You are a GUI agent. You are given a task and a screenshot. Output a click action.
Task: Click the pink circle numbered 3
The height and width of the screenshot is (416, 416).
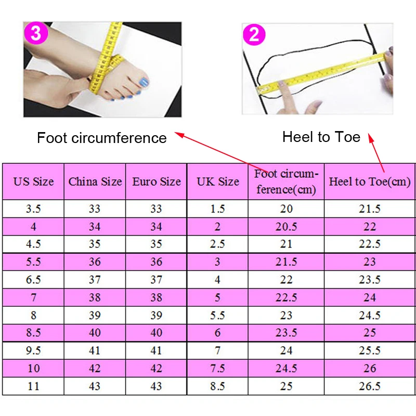(x=36, y=33)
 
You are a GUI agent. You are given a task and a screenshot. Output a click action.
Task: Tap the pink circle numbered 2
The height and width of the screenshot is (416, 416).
(x=254, y=34)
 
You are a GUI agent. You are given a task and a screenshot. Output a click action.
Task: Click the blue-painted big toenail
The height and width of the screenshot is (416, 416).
(x=144, y=82)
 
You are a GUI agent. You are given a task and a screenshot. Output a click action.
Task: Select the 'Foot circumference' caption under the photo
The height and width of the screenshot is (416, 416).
(x=101, y=138)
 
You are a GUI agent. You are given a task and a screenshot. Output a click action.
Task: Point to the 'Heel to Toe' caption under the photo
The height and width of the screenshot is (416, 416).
(x=321, y=137)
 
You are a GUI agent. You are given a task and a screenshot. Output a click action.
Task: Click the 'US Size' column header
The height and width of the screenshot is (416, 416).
(x=33, y=181)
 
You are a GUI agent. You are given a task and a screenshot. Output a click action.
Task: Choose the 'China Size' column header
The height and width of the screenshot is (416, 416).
(x=95, y=181)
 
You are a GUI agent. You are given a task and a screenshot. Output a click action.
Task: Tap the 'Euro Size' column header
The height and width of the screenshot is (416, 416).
(x=157, y=181)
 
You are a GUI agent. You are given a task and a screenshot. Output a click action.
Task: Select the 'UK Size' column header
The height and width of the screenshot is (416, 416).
(x=218, y=181)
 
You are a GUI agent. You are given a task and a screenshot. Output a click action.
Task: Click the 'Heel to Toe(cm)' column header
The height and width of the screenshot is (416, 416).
(x=370, y=182)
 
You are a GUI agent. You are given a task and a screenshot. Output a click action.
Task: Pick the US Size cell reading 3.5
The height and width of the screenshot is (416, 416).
(x=33, y=209)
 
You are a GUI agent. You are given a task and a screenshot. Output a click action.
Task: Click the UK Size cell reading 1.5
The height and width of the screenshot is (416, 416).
(x=217, y=209)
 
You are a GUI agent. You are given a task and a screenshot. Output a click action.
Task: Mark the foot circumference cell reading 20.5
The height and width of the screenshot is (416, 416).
(x=286, y=227)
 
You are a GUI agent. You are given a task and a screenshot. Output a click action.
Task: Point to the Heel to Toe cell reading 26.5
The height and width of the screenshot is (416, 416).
(x=370, y=386)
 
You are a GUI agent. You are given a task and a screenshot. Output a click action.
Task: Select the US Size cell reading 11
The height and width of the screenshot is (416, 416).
(x=33, y=386)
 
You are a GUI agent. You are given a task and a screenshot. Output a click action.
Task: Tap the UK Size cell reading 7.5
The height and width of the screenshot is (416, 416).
(x=217, y=368)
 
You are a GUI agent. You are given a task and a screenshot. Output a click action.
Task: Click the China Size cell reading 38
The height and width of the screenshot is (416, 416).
(x=95, y=297)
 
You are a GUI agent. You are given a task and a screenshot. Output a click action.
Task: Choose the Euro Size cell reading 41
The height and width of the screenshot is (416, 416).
(x=157, y=350)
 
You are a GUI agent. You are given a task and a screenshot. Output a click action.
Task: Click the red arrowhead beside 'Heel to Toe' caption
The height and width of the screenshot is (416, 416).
(x=371, y=137)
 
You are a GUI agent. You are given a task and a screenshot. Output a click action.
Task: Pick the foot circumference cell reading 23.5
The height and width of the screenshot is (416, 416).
(x=286, y=333)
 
